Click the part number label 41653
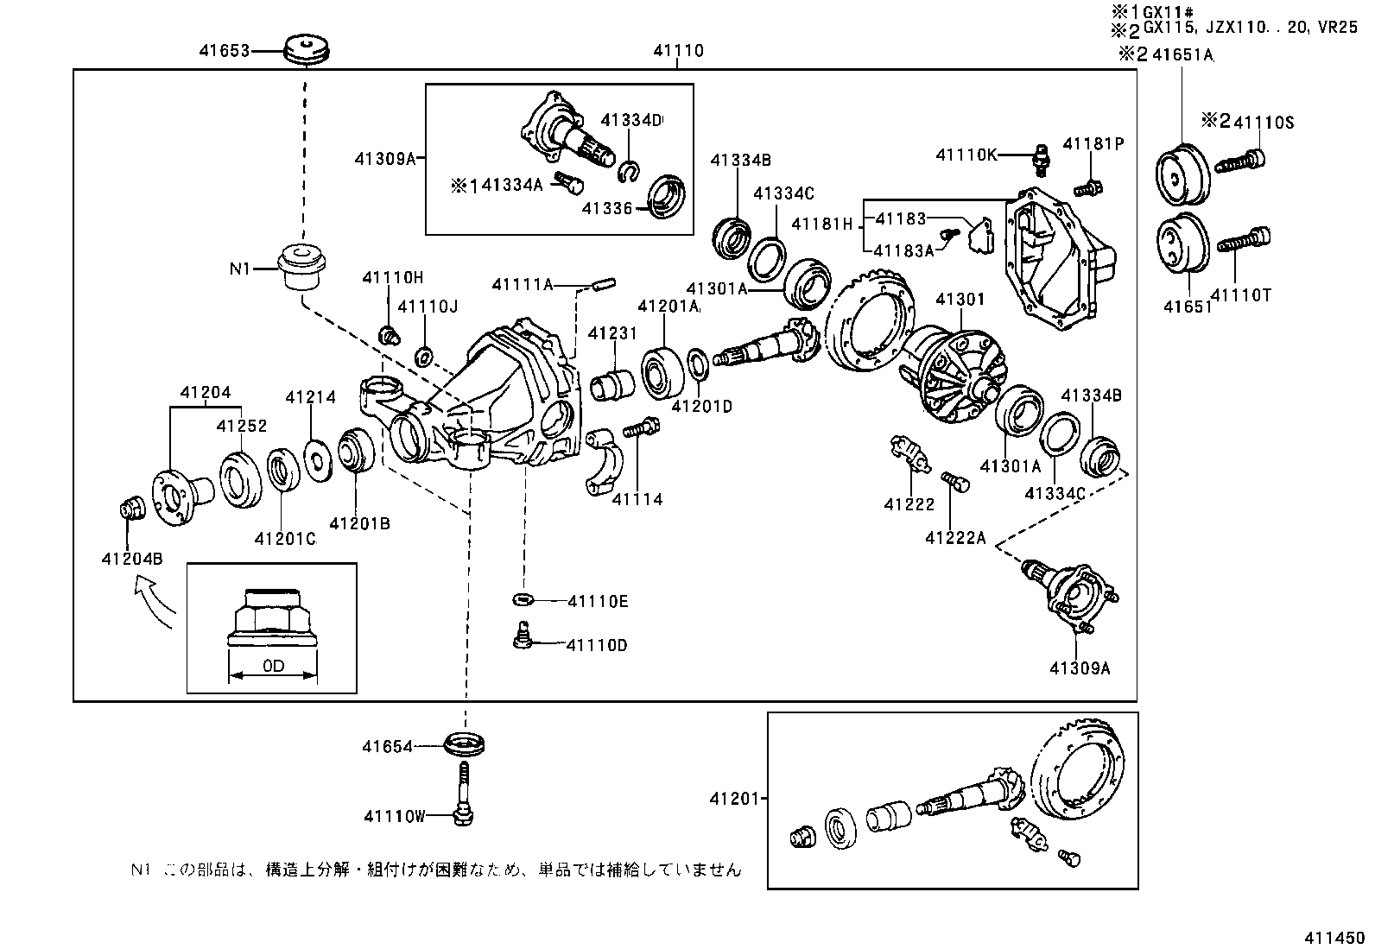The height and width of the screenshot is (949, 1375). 224,51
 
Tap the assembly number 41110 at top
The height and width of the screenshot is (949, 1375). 678,51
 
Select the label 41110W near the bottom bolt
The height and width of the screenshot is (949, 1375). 395,815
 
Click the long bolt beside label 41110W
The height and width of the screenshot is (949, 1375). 464,791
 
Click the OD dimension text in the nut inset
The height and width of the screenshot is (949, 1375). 273,667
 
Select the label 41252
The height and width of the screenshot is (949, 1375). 241,426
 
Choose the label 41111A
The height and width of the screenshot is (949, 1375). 521,284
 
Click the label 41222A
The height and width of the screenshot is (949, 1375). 955,537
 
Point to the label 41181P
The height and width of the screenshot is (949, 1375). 1093,143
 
